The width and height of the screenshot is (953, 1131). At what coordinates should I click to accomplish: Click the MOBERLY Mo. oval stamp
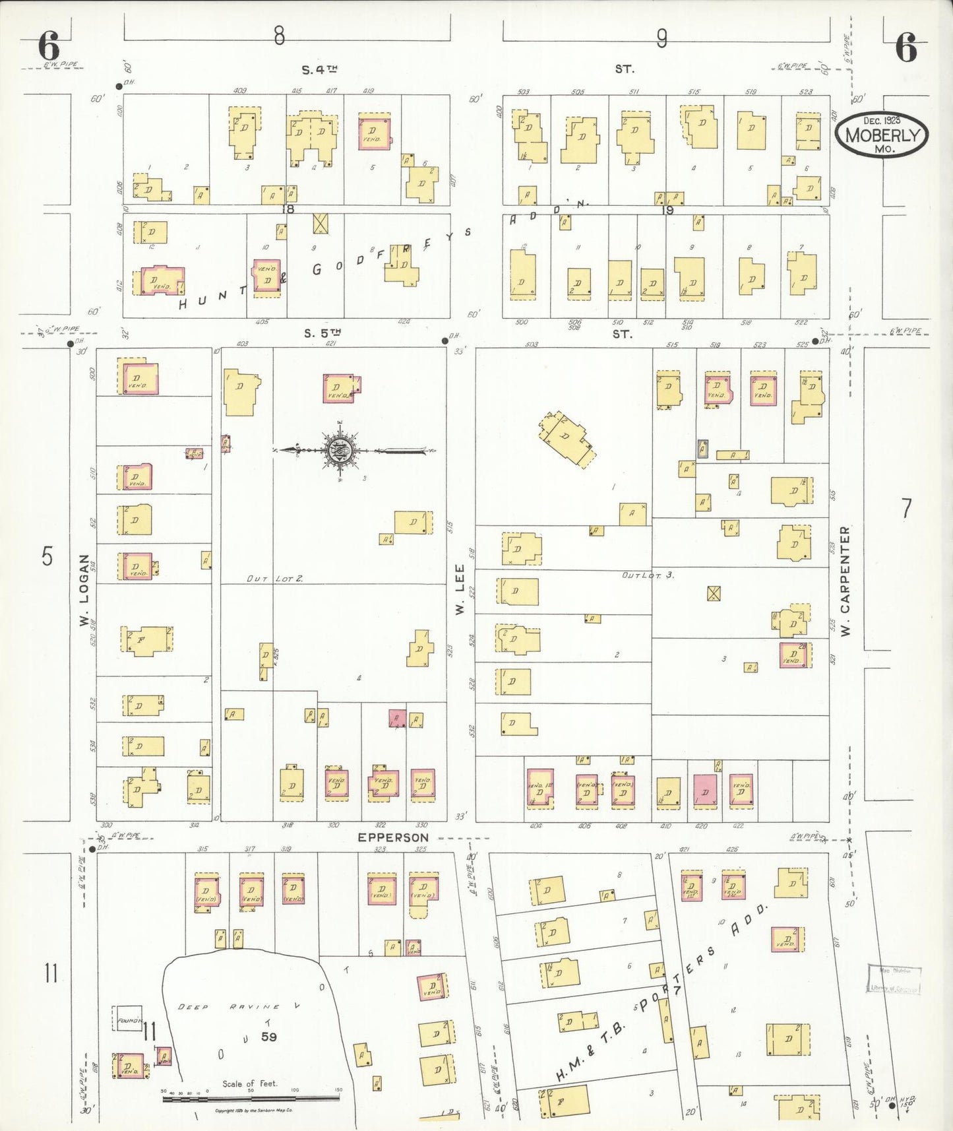click(881, 135)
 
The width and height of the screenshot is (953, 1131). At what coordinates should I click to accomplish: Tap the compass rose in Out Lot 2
click(340, 451)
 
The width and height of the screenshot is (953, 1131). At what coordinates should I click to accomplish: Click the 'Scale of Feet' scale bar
click(251, 1099)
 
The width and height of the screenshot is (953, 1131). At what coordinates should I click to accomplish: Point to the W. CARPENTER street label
click(845, 581)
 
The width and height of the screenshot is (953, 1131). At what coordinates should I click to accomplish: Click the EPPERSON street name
click(393, 837)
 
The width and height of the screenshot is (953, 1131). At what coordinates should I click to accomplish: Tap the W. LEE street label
click(460, 589)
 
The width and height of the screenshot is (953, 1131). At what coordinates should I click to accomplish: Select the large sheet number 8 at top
click(279, 36)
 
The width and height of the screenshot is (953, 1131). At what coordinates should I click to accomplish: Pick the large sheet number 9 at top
click(661, 39)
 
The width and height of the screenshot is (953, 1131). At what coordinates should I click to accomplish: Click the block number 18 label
click(287, 209)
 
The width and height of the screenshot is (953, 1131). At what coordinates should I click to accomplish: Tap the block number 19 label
click(667, 210)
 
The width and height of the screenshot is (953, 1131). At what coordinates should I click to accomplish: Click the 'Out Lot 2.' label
click(274, 579)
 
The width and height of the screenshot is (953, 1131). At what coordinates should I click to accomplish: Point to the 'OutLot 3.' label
click(648, 575)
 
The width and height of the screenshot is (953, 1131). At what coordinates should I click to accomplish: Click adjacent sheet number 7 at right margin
click(907, 509)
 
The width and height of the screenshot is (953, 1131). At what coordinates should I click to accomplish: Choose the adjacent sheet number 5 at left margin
click(47, 556)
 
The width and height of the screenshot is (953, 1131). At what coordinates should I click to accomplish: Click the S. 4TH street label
click(321, 69)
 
